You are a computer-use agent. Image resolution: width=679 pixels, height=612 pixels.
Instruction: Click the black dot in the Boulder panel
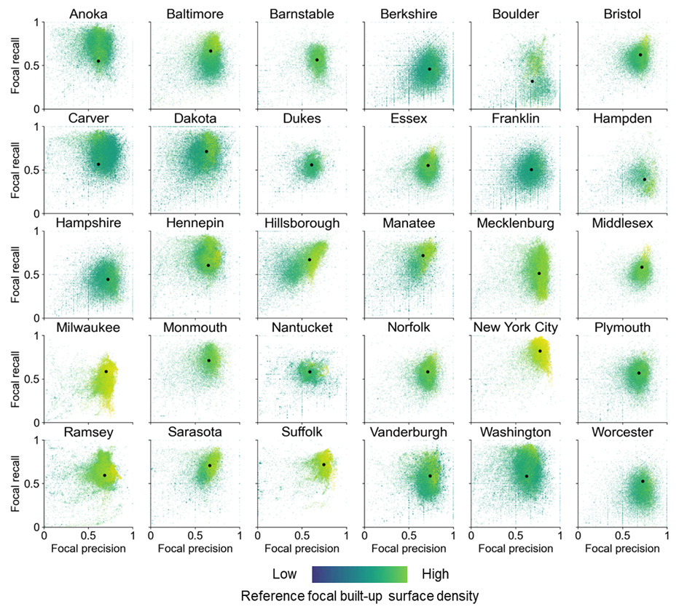coord(532,82)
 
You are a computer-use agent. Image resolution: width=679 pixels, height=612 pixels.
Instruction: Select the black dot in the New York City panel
coord(540,351)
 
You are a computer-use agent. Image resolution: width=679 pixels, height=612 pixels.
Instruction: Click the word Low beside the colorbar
coord(284,574)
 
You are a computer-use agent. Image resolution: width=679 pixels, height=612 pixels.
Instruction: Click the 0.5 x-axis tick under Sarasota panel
coord(195,535)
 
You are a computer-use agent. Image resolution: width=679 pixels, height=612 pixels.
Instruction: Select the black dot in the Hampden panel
coord(644,179)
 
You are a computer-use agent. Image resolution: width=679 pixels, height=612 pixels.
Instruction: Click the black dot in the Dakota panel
coord(206,151)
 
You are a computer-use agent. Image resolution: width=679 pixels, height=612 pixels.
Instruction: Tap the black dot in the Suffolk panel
coord(323,464)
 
